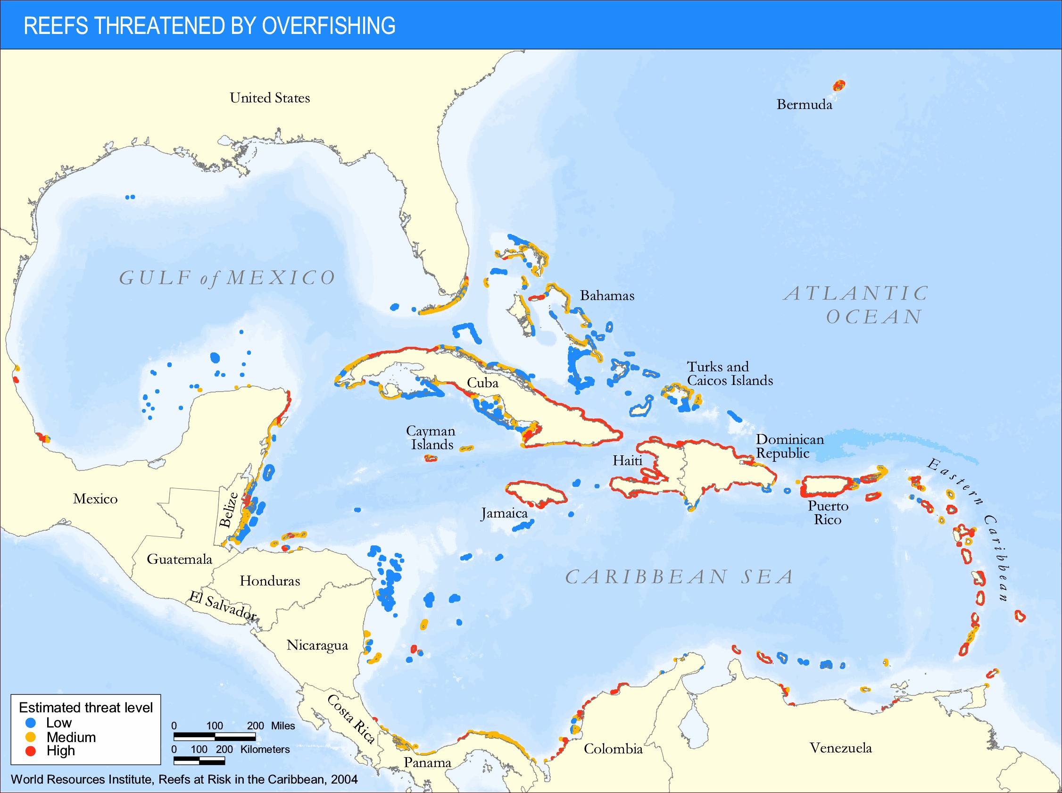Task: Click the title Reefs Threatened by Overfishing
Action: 209,26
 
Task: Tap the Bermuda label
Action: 804,105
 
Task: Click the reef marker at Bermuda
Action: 838,86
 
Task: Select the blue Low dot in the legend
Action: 31,723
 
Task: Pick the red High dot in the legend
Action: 31,751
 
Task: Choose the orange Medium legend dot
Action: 31,737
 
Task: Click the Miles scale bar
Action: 214,736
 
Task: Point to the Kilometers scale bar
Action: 199,760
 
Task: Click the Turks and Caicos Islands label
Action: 729,374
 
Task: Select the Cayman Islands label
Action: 431,437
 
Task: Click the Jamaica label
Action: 504,514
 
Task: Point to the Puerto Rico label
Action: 828,513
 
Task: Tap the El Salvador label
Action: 222,606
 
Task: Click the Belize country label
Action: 228,510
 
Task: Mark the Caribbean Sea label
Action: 679,577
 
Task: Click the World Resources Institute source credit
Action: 184,779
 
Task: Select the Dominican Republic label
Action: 789,446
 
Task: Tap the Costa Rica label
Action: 350,718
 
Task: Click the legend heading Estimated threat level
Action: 85,708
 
